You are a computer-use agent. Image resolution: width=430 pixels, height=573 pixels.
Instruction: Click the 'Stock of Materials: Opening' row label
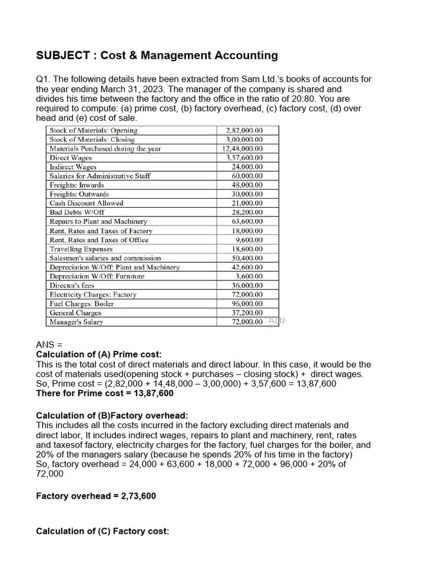[93, 130]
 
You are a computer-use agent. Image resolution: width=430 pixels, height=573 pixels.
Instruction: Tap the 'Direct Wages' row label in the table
[71, 158]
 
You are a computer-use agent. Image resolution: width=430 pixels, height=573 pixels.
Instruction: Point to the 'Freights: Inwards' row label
[77, 185]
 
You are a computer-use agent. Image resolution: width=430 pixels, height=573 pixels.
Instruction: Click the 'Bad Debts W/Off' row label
[77, 213]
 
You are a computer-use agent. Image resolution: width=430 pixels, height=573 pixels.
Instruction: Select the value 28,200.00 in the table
[247, 213]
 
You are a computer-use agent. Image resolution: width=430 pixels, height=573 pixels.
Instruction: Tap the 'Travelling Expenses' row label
[81, 249]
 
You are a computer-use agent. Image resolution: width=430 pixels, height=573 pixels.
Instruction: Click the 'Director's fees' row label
[72, 285]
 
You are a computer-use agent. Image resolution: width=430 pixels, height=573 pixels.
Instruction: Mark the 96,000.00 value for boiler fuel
[247, 304]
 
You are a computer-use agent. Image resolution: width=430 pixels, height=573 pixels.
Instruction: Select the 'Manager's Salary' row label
[76, 322]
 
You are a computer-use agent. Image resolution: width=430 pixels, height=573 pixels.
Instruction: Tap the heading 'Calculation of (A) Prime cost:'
[99, 355]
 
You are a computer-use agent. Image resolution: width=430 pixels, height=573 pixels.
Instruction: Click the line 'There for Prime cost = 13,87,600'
[105, 393]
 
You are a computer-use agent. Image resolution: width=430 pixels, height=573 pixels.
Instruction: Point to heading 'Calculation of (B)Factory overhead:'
[112, 415]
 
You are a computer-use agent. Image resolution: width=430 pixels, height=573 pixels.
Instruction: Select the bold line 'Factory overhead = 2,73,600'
[96, 496]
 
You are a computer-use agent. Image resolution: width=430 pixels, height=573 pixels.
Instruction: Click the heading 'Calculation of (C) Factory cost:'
[102, 531]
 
